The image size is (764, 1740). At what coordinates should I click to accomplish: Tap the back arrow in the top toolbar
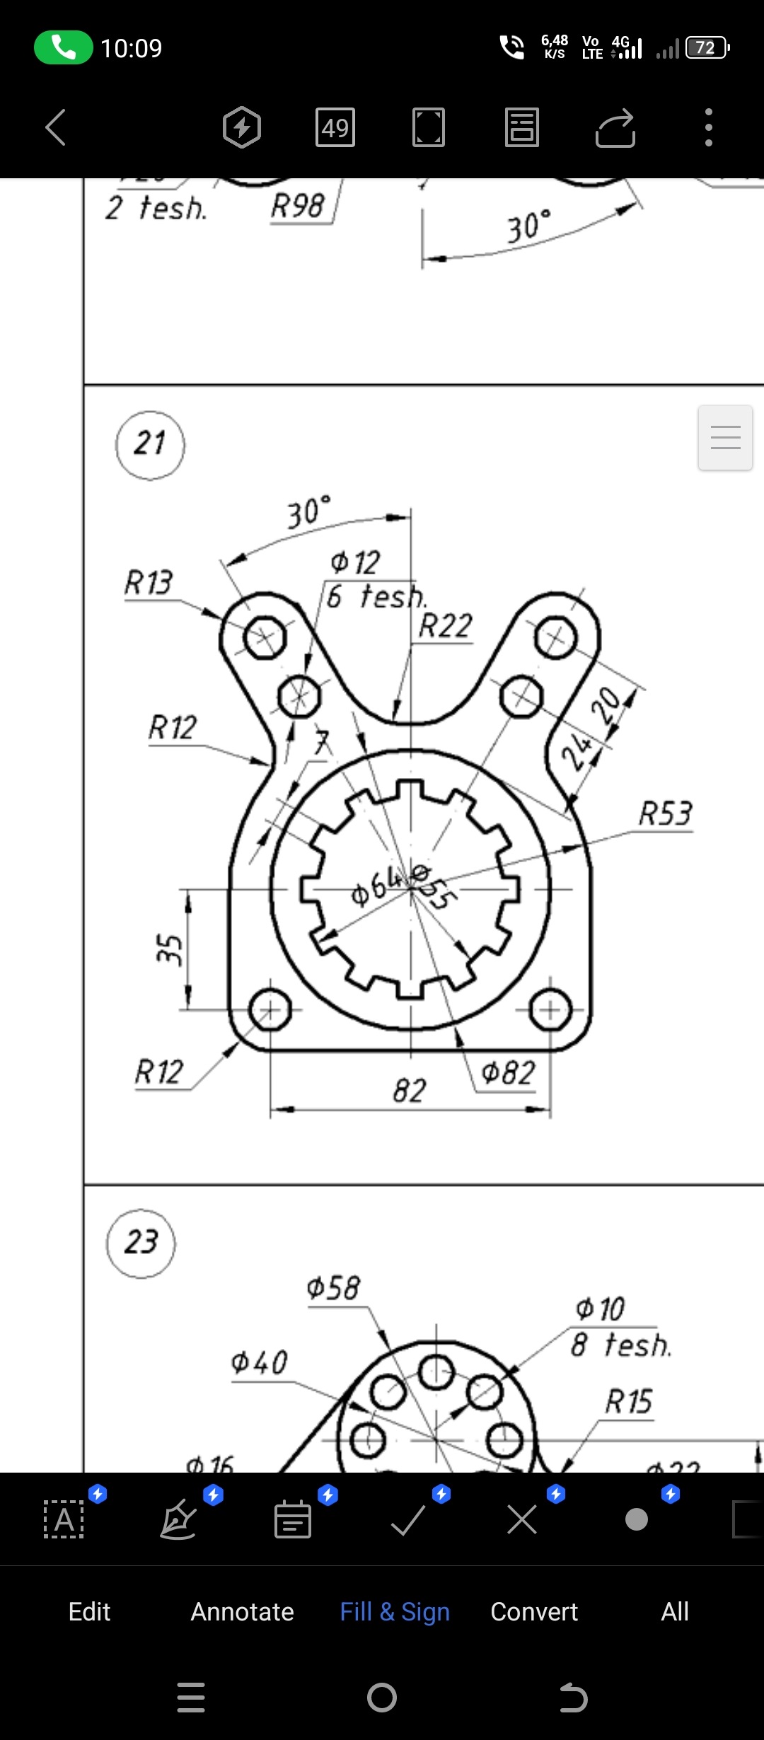55,127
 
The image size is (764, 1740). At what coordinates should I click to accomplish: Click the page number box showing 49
335,127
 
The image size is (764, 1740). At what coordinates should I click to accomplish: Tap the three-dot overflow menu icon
708,127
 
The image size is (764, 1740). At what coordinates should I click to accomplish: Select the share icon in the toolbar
615,127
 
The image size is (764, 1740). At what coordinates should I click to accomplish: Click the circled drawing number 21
150,445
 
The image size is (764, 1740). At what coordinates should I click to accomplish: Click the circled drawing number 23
141,1243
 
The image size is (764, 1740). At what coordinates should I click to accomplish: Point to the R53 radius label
665,813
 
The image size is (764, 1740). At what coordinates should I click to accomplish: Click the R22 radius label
445,626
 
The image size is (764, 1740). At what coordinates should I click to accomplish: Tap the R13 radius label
149,583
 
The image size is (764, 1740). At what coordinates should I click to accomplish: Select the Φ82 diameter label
508,1073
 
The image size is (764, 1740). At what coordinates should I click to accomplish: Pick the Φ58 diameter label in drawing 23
333,1288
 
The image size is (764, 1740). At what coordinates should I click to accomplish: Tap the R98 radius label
297,207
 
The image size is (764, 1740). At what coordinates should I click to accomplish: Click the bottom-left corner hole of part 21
270,1009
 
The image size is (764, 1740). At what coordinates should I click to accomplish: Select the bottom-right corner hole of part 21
550,1009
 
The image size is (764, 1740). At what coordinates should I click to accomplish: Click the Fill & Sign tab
395,1611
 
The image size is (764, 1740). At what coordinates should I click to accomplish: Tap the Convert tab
534,1611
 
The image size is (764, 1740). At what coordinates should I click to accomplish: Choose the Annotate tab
242,1611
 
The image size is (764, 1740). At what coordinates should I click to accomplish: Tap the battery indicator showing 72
707,47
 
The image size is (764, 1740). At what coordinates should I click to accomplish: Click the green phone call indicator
63,47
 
